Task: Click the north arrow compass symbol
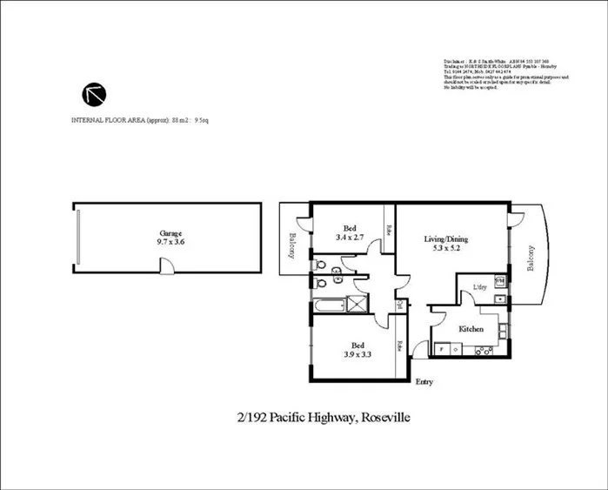tap(92, 95)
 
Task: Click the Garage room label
tap(170, 233)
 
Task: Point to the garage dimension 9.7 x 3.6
tap(170, 243)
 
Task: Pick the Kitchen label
tap(471, 330)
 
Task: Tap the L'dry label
tap(479, 287)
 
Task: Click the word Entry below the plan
tap(425, 382)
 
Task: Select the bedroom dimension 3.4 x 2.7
tap(351, 237)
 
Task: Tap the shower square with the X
tap(356, 304)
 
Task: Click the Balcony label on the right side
tap(532, 258)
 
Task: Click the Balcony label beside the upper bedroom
tap(293, 245)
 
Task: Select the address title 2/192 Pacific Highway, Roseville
tap(324, 419)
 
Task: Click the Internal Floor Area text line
tap(139, 119)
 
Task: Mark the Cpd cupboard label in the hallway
tap(399, 305)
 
